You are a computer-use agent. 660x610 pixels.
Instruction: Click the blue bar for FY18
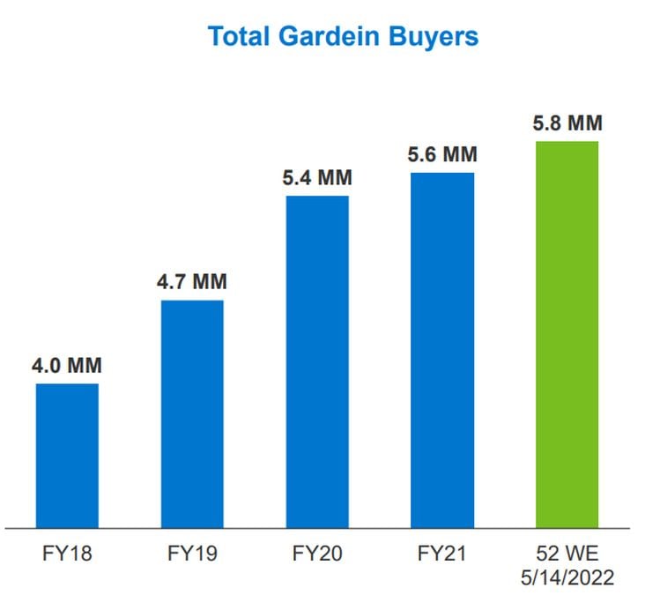67,455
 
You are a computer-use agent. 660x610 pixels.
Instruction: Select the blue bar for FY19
192,413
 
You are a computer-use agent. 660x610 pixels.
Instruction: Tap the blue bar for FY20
317,361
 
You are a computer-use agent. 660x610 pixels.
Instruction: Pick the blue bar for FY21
442,350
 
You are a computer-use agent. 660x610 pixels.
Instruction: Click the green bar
567,334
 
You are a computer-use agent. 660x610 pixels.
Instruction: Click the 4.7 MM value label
192,283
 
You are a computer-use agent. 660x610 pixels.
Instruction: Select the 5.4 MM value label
317,178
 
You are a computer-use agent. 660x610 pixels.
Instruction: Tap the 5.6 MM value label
442,155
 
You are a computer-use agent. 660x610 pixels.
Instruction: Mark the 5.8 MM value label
567,123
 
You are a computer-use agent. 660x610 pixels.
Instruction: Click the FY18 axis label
67,555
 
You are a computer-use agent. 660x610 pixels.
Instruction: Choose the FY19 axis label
192,555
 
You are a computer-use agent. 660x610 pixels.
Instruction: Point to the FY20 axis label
317,555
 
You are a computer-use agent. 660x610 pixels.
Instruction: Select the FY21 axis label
442,555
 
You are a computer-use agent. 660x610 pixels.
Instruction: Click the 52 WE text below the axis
567,555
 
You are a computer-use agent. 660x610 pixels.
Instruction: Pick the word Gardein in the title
334,36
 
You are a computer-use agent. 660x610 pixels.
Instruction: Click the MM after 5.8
585,123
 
